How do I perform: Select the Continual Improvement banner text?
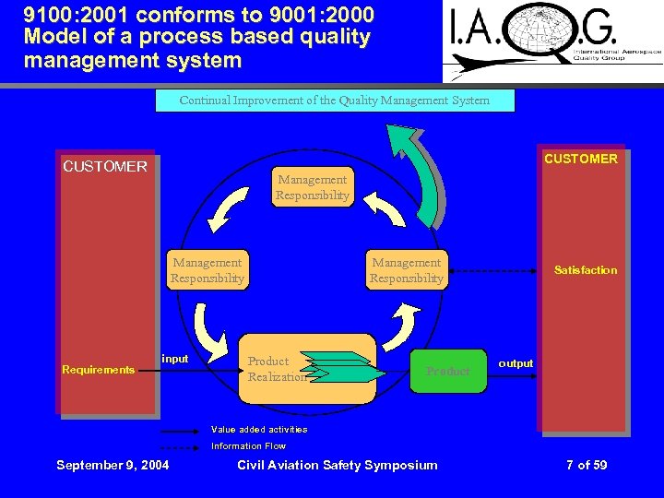[335, 100]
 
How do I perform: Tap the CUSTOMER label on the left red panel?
[105, 167]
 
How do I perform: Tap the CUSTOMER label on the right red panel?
[581, 159]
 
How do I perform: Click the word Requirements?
[98, 370]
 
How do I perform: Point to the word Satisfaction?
[585, 270]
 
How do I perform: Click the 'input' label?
[175, 359]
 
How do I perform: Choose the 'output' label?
[516, 363]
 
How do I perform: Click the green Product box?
[448, 371]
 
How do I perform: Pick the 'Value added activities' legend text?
[259, 430]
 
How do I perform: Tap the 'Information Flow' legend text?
[248, 446]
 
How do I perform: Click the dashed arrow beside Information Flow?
[181, 446]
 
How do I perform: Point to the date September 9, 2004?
[113, 465]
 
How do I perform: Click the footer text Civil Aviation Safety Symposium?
[338, 465]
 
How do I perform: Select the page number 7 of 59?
[587, 465]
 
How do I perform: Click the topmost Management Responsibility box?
[313, 187]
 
